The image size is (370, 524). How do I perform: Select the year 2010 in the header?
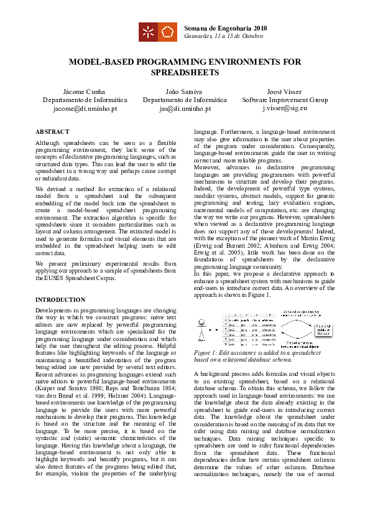pyautogui.click(x=260, y=28)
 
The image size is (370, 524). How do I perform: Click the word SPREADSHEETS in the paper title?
pyautogui.click(x=185, y=73)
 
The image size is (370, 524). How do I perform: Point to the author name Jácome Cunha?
pyautogui.click(x=85, y=91)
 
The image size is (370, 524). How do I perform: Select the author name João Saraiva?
pyautogui.click(x=185, y=91)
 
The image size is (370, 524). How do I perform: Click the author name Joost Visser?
pyautogui.click(x=284, y=91)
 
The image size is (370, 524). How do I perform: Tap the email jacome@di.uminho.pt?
pyautogui.click(x=85, y=108)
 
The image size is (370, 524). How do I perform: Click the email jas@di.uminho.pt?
pyautogui.click(x=185, y=108)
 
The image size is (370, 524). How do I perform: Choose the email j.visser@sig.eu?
pyautogui.click(x=284, y=108)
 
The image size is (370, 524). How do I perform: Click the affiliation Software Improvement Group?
pyautogui.click(x=284, y=100)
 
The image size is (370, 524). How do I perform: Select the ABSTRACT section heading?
pyautogui.click(x=52, y=132)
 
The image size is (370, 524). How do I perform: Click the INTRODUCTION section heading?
pyautogui.click(x=60, y=300)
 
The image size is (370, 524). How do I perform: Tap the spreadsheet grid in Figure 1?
pyautogui.click(x=246, y=330)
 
